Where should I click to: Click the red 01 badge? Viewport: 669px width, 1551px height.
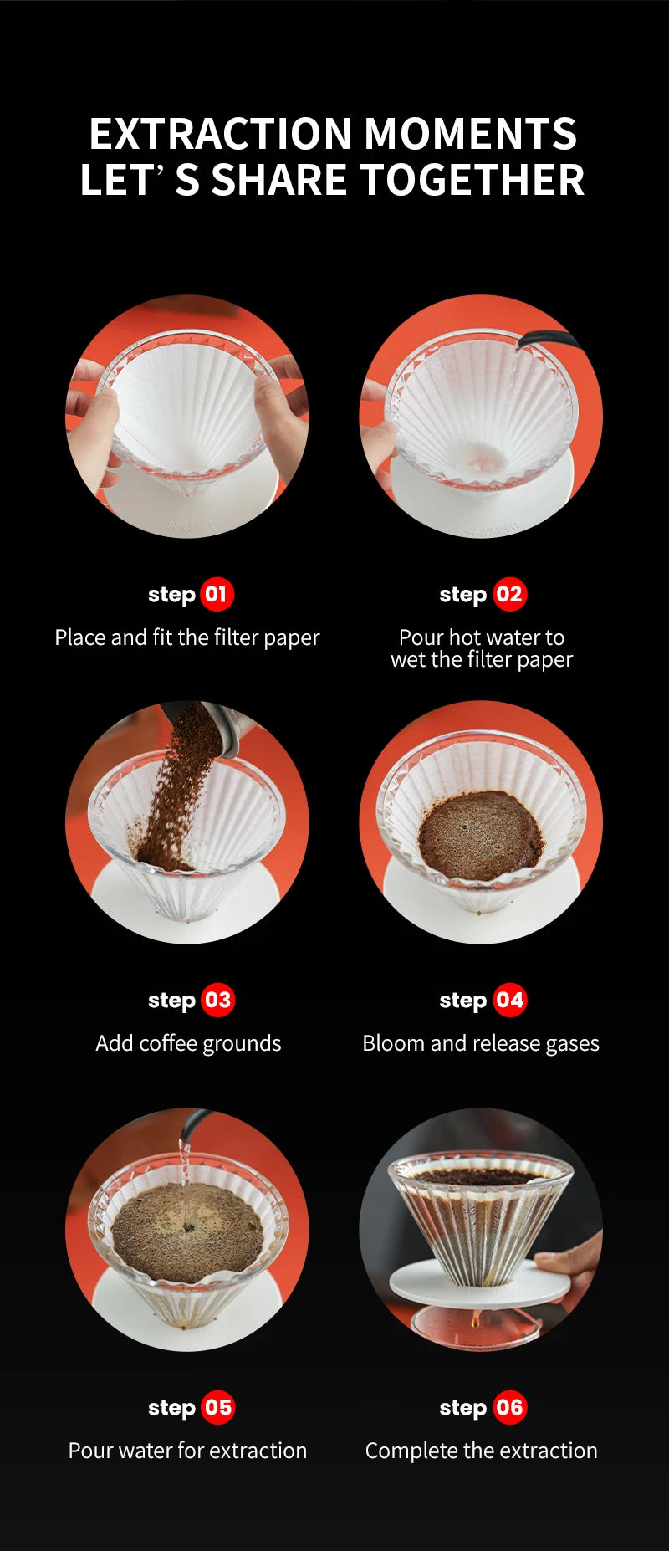[217, 595]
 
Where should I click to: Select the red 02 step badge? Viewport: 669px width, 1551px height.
[509, 595]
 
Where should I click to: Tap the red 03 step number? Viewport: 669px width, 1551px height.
[217, 1001]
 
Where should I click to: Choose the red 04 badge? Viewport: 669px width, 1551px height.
[509, 1001]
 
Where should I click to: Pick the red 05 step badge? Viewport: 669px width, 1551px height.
[217, 1408]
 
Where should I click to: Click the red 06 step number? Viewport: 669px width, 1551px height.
[509, 1408]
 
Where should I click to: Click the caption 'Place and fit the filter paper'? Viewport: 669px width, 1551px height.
[187, 637]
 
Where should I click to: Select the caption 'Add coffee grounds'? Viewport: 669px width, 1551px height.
[188, 1043]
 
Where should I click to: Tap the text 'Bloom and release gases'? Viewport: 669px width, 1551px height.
[481, 1043]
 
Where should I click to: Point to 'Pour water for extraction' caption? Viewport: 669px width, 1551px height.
[187, 1451]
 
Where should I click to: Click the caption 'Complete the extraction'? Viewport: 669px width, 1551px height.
[481, 1451]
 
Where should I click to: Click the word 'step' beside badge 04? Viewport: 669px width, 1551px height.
[462, 1001]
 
